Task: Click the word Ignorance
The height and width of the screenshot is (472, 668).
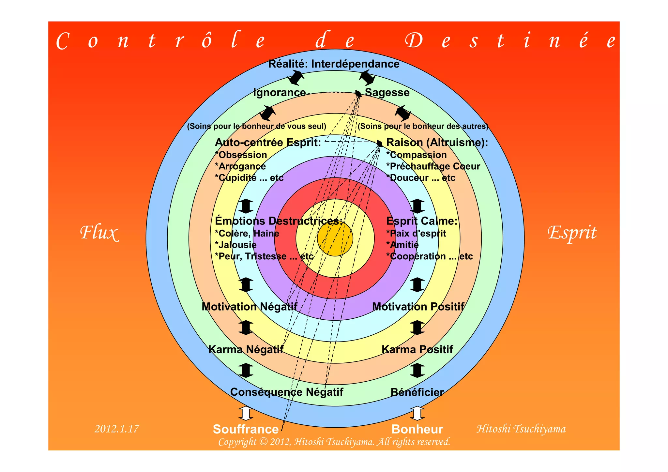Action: (x=279, y=93)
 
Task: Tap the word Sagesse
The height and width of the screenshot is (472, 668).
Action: (x=387, y=93)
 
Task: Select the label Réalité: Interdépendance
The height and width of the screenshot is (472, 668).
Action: (x=334, y=64)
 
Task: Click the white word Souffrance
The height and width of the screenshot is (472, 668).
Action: (x=246, y=429)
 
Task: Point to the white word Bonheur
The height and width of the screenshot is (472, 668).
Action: (x=417, y=429)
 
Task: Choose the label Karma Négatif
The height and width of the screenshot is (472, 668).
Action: (x=246, y=350)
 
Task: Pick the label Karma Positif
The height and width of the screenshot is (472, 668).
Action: (x=417, y=350)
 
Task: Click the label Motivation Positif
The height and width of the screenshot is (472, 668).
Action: (x=418, y=307)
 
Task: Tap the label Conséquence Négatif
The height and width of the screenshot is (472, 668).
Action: (x=286, y=392)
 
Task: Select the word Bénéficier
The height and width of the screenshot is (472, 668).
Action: (x=417, y=392)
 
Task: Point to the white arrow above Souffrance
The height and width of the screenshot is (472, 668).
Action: (x=246, y=413)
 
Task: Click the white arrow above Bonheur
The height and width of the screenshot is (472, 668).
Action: (x=417, y=413)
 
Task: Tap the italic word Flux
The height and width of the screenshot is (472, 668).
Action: (x=99, y=233)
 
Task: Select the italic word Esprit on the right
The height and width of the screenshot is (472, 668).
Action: (x=572, y=233)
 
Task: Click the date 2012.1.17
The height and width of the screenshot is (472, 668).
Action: (x=116, y=429)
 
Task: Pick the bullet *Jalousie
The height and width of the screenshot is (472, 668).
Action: (x=235, y=245)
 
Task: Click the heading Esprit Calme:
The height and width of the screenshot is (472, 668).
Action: (x=422, y=221)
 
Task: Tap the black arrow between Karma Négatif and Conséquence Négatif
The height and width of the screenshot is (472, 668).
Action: (x=246, y=371)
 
